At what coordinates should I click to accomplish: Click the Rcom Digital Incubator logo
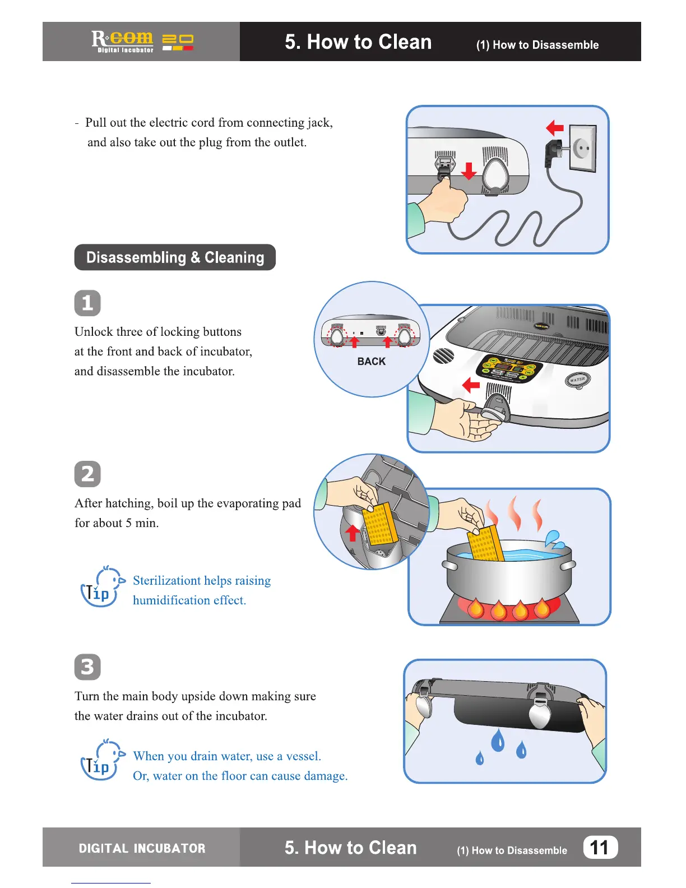tap(142, 41)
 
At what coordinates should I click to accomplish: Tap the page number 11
tap(600, 847)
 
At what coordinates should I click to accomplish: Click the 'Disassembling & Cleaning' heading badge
tap(175, 257)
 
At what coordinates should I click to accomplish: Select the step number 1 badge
tap(87, 303)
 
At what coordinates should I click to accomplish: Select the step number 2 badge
tap(87, 474)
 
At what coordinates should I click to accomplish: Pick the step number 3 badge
tap(87, 667)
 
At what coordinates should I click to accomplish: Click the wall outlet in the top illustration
tap(583, 149)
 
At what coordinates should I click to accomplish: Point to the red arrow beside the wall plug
tap(554, 128)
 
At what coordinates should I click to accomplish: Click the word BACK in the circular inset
tap(372, 362)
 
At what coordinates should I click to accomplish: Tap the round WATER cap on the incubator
tap(577, 380)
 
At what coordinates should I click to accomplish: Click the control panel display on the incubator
tap(510, 369)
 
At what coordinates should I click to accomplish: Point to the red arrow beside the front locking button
tap(471, 385)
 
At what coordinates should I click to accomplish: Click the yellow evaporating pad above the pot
tap(485, 543)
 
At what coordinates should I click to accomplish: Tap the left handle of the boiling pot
tap(449, 565)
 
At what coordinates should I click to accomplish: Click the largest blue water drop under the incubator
tap(498, 741)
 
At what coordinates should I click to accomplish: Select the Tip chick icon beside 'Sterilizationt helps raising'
tap(101, 587)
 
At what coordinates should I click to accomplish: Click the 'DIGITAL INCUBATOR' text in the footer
tap(142, 848)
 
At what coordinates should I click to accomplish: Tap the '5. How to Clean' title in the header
tap(358, 42)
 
